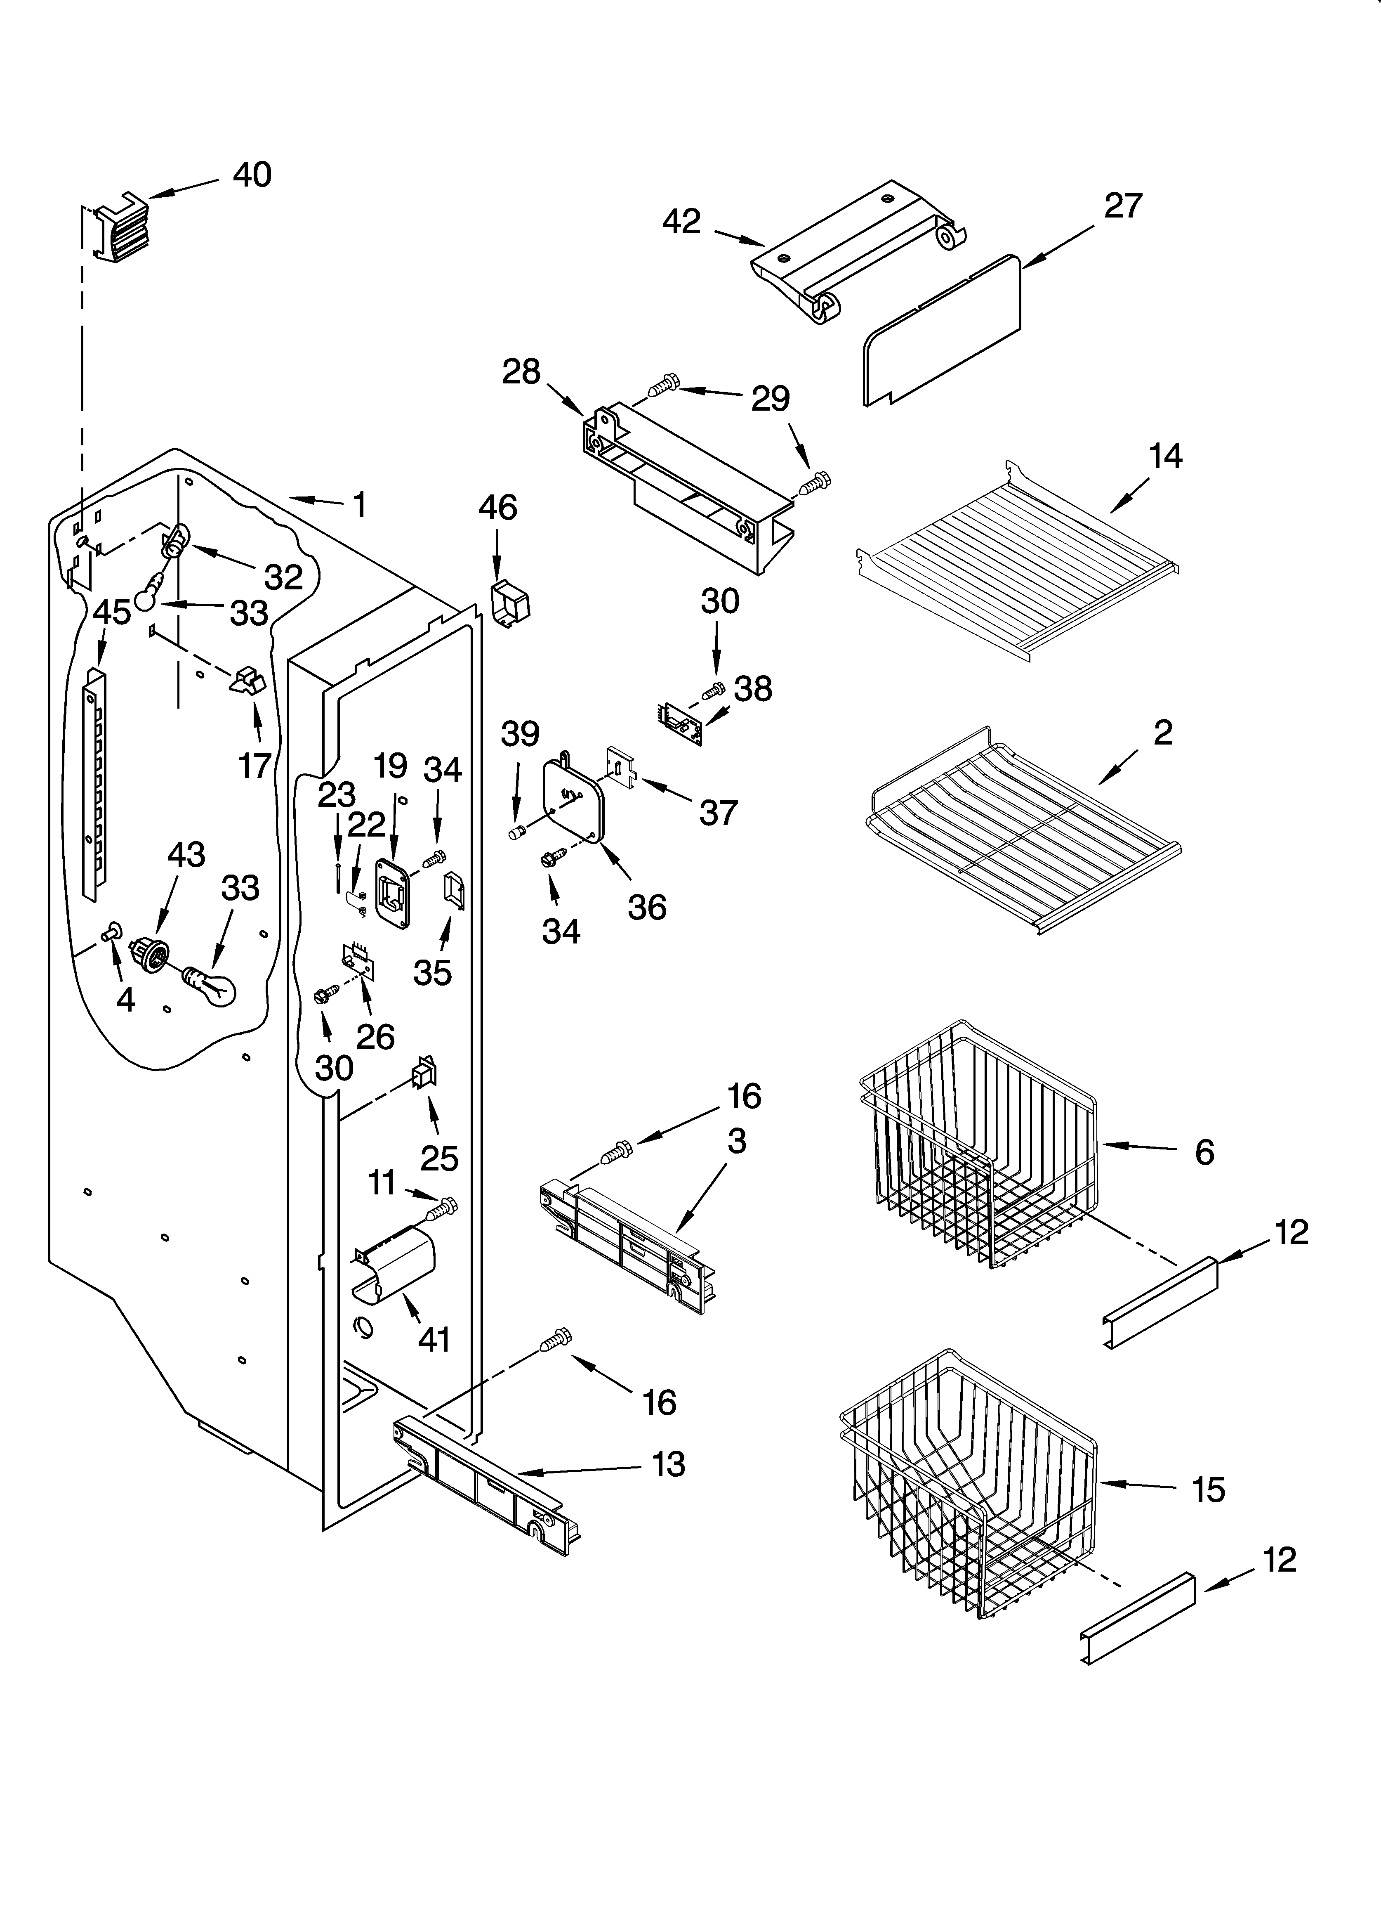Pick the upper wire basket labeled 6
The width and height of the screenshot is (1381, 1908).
(976, 1153)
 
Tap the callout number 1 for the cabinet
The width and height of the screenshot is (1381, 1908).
(359, 505)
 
